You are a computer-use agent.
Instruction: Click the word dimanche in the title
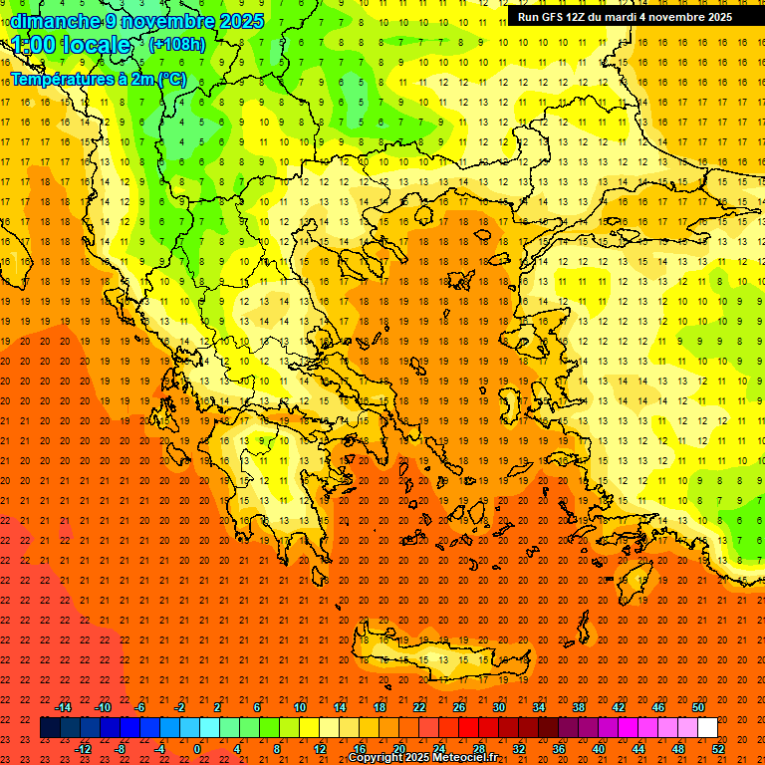click(x=55, y=21)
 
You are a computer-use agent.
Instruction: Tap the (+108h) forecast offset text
click(x=177, y=44)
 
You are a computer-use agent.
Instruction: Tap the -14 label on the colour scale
click(x=64, y=707)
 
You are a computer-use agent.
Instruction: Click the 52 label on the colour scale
click(x=718, y=749)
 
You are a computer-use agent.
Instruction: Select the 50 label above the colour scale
click(x=698, y=707)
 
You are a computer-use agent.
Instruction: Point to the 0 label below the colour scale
click(x=197, y=749)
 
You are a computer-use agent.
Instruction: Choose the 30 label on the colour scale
click(x=498, y=707)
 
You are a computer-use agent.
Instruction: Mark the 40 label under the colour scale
click(x=599, y=749)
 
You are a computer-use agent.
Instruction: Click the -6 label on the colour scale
click(x=140, y=707)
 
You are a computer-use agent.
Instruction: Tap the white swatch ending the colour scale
click(x=707, y=728)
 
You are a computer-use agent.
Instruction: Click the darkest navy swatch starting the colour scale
click(x=50, y=728)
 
